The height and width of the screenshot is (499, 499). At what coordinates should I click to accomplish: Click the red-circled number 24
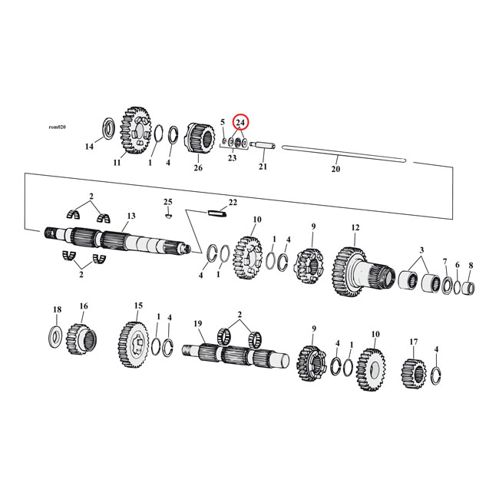pos(240,122)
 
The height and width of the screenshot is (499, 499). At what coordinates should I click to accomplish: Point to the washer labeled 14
pos(108,127)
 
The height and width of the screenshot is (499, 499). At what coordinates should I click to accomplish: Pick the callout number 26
pos(198,167)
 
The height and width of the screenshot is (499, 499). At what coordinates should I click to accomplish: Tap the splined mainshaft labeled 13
pos(115,239)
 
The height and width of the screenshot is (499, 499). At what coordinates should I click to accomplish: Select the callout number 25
pos(167,201)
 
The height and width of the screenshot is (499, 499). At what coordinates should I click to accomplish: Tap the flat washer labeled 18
pos(56,335)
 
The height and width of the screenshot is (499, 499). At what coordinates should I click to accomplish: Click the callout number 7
pos(444,263)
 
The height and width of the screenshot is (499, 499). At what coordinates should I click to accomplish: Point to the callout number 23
pos(232,157)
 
